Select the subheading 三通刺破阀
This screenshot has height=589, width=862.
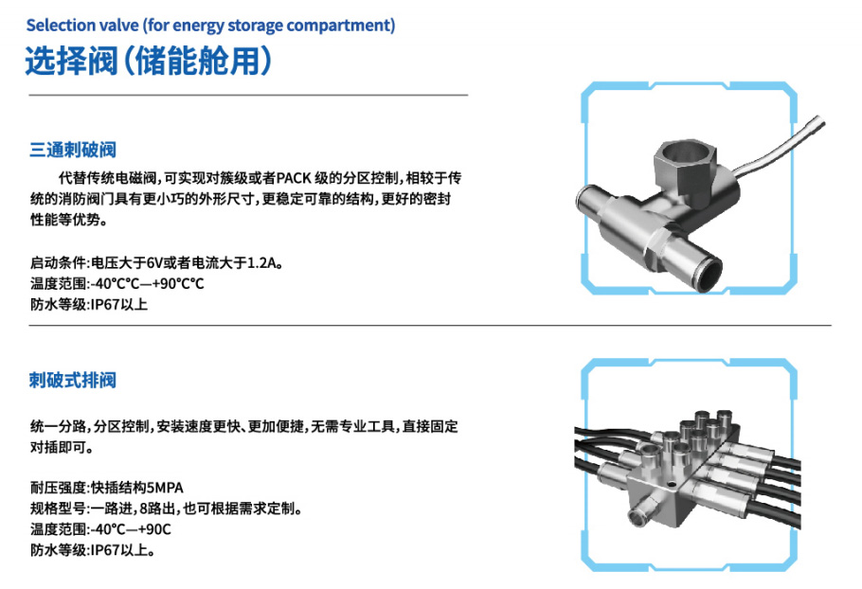pos(73,150)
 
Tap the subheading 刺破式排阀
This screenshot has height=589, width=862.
pos(73,381)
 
